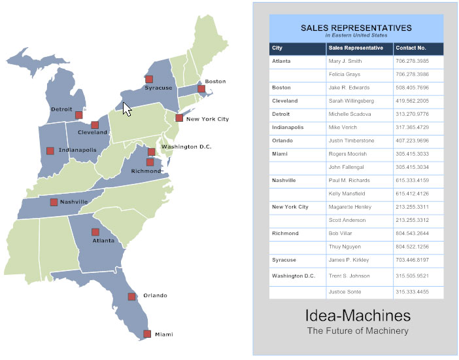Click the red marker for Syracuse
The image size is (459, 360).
pos(149,79)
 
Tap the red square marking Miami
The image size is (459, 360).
pos(147,334)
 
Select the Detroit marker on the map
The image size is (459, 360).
pos(78,115)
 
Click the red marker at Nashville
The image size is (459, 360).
pos(54,202)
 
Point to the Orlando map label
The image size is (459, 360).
pos(155,296)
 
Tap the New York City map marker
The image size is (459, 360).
pos(179,118)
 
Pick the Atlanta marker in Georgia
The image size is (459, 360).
pos(95,232)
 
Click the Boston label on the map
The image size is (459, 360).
pos(215,81)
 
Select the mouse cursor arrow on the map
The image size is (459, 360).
pos(127,109)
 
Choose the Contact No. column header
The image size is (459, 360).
pos(411,48)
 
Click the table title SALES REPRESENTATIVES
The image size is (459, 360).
pos(356,28)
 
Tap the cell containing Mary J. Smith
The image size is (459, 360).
pos(350,61)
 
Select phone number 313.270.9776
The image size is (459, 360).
pos(412,114)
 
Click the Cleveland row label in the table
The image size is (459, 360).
pos(285,101)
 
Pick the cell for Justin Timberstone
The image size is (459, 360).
pos(352,141)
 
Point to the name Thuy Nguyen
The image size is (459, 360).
pos(345,247)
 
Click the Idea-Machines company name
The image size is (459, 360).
pos(358,316)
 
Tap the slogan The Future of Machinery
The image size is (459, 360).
pos(358,331)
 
